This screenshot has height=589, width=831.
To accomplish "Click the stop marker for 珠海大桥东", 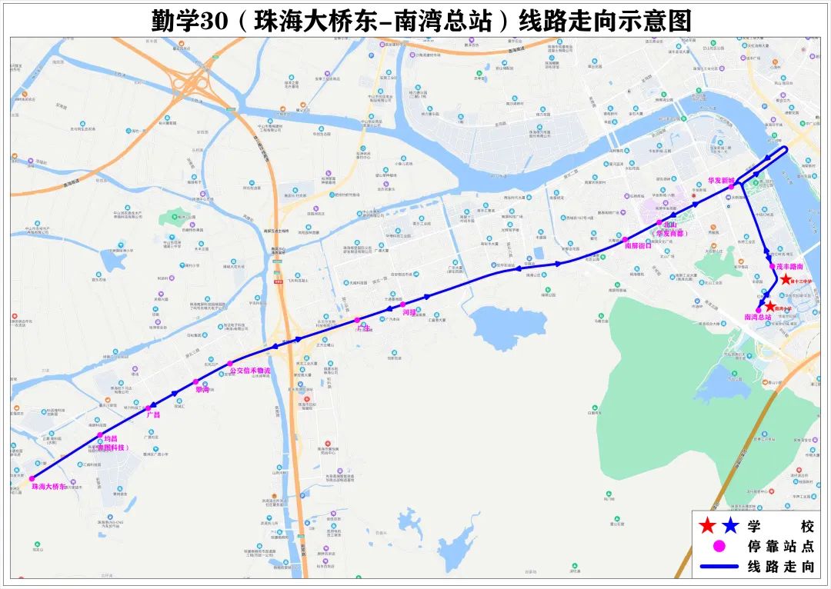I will click(32, 478).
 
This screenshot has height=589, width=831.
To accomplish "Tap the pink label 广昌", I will click(152, 414).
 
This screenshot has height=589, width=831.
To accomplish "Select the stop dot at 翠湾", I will click(195, 381).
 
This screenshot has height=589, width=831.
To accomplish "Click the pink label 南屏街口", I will click(638, 246).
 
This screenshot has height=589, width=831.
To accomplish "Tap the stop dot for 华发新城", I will click(732, 186).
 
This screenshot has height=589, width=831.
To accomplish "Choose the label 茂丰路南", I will click(789, 266).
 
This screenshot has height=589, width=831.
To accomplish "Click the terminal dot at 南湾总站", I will click(759, 310).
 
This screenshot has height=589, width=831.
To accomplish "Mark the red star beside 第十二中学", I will click(786, 280).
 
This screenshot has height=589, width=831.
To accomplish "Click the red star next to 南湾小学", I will click(769, 306).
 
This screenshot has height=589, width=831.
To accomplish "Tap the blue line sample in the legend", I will click(719, 567).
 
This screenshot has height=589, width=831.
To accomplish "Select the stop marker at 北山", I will click(659, 222).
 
